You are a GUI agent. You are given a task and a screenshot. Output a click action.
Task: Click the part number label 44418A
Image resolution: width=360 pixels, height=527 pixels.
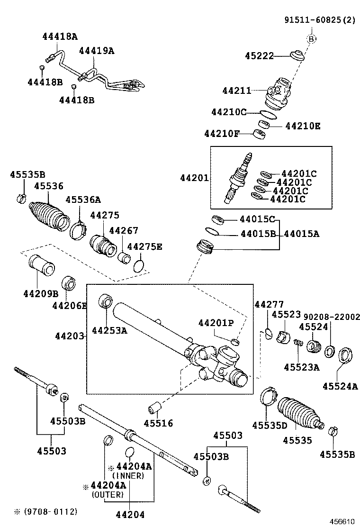59,36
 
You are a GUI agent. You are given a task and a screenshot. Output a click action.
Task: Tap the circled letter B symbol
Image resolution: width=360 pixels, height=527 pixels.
311,39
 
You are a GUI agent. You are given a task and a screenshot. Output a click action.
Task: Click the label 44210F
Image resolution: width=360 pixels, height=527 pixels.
221,134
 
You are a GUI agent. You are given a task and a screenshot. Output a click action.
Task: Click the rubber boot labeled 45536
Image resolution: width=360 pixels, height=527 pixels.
49,217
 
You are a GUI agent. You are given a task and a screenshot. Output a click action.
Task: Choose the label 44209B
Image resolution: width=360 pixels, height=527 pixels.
40,294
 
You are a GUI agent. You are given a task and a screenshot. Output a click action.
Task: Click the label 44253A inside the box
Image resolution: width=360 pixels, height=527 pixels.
109,330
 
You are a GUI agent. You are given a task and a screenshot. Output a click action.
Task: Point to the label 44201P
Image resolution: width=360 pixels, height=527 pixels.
216,323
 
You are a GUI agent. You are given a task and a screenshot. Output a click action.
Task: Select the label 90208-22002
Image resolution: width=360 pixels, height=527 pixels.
332,317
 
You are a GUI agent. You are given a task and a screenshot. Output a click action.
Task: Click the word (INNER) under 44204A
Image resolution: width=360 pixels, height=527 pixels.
128,475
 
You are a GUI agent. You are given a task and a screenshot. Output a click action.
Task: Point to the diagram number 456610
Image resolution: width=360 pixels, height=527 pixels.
342,521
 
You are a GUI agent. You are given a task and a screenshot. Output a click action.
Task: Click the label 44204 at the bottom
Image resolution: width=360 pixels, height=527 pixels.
130,515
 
